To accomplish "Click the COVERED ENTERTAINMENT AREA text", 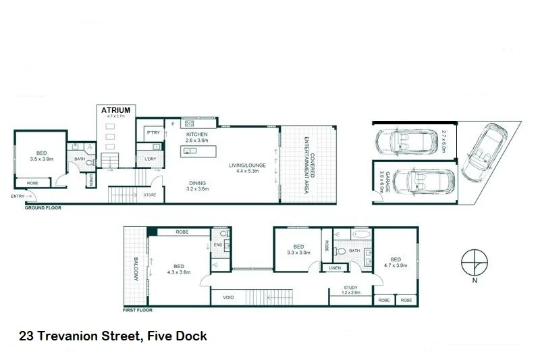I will [x=308, y=164].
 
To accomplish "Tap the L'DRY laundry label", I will [x=151, y=159].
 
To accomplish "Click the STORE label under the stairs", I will [x=150, y=195].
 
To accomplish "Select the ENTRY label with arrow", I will [x=18, y=196].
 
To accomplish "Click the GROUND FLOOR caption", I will [x=43, y=208].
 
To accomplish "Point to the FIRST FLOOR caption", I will [x=138, y=311].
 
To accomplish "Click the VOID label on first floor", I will [x=227, y=297].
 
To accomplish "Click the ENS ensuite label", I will [x=218, y=245].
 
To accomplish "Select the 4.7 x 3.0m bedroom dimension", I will [x=395, y=266].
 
